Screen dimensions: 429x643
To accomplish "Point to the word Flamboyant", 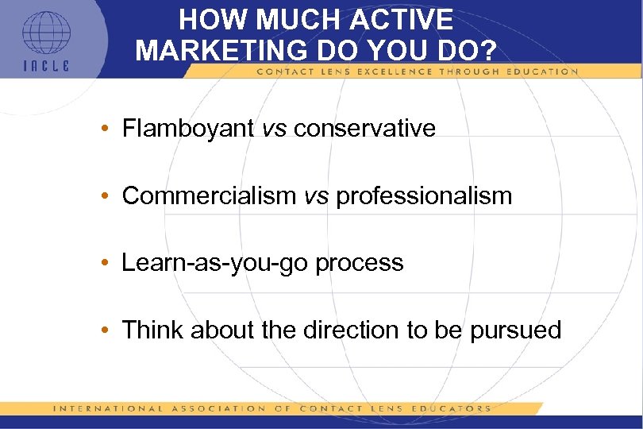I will coord(188,128).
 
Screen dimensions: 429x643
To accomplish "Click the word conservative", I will coord(364,128).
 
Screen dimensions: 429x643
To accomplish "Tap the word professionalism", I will coord(425,195).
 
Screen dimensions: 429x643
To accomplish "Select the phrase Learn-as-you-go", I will coord(215,263).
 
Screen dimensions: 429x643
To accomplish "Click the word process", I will coord(360,263).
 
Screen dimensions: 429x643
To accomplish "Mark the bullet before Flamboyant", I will coord(105,129).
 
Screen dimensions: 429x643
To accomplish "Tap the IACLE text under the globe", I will coord(45,66).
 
